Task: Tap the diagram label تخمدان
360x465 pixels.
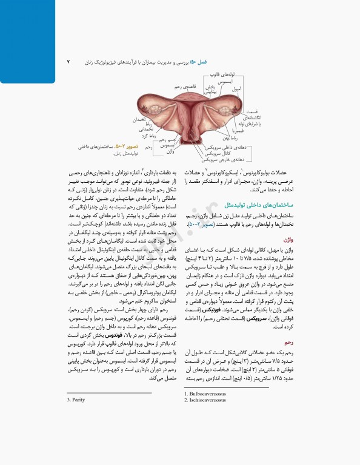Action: tap(142, 119)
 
